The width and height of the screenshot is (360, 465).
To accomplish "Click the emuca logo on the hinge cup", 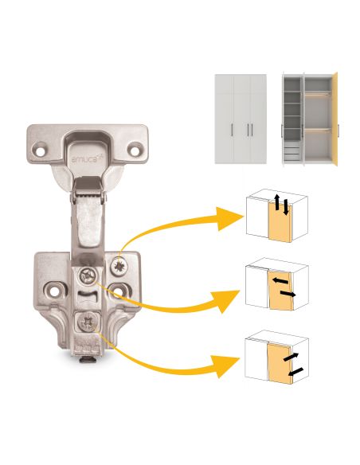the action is pos(84,159).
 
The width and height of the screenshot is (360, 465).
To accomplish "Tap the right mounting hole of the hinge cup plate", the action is pos(135,150).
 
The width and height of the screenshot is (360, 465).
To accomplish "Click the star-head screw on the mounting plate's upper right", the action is pos(119,265).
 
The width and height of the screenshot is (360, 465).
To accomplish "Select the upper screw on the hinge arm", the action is pos(88,275).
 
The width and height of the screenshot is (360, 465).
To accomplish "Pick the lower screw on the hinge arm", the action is pos(88,322).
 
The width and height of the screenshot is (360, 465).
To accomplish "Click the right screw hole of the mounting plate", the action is pos(119,291).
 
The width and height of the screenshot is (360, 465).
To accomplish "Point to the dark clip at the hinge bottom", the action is pos(87,360).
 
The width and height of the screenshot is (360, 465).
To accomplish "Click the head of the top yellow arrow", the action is pos(230,218).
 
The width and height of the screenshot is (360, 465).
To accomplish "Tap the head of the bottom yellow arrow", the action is pos(227,366).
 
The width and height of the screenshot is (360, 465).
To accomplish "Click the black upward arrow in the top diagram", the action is pos(276,202).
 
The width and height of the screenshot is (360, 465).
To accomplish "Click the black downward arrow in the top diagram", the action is pos(286,207).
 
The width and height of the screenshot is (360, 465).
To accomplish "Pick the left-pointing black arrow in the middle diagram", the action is pos(280,280).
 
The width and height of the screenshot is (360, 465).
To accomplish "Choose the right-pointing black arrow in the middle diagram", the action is pos(288,294).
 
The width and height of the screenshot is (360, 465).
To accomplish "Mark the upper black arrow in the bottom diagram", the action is pos(292,357).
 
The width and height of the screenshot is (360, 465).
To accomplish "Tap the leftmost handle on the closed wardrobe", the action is pos(232,130).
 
